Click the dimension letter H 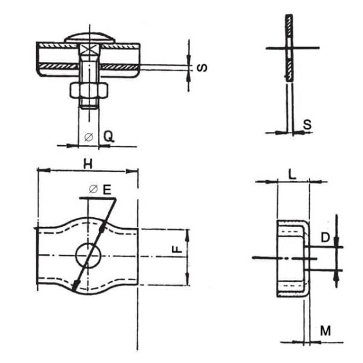[88, 164]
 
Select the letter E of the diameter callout [107, 189]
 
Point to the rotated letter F [177, 249]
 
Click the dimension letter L [292, 175]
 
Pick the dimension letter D [325, 238]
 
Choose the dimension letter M [325, 330]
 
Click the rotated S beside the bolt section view [202, 68]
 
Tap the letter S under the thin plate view [307, 125]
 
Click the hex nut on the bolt [89, 90]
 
